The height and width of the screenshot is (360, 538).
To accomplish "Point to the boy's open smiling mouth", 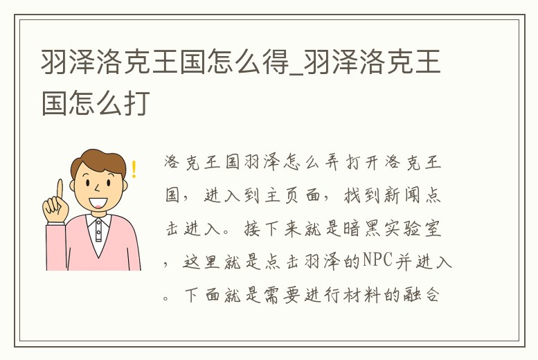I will coord(98,202).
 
